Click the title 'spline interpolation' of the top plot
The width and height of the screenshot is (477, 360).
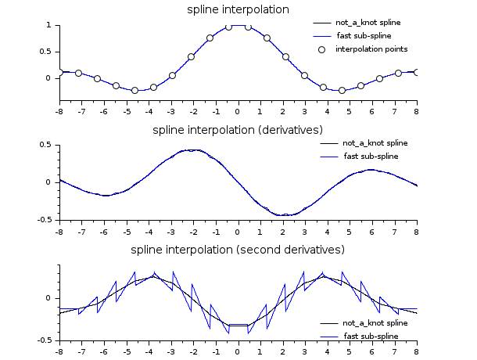238,10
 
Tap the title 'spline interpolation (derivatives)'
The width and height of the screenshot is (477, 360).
238,129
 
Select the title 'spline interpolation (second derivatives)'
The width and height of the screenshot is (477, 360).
238,250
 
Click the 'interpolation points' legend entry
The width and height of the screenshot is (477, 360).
371,49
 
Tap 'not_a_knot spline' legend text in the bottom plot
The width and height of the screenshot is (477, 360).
375,322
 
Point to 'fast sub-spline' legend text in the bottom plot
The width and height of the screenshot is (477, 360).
370,336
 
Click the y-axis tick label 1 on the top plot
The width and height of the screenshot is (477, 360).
48,25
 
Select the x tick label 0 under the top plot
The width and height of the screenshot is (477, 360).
238,111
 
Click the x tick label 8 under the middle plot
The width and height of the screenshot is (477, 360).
416,232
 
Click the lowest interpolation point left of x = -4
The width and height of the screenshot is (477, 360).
134,90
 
